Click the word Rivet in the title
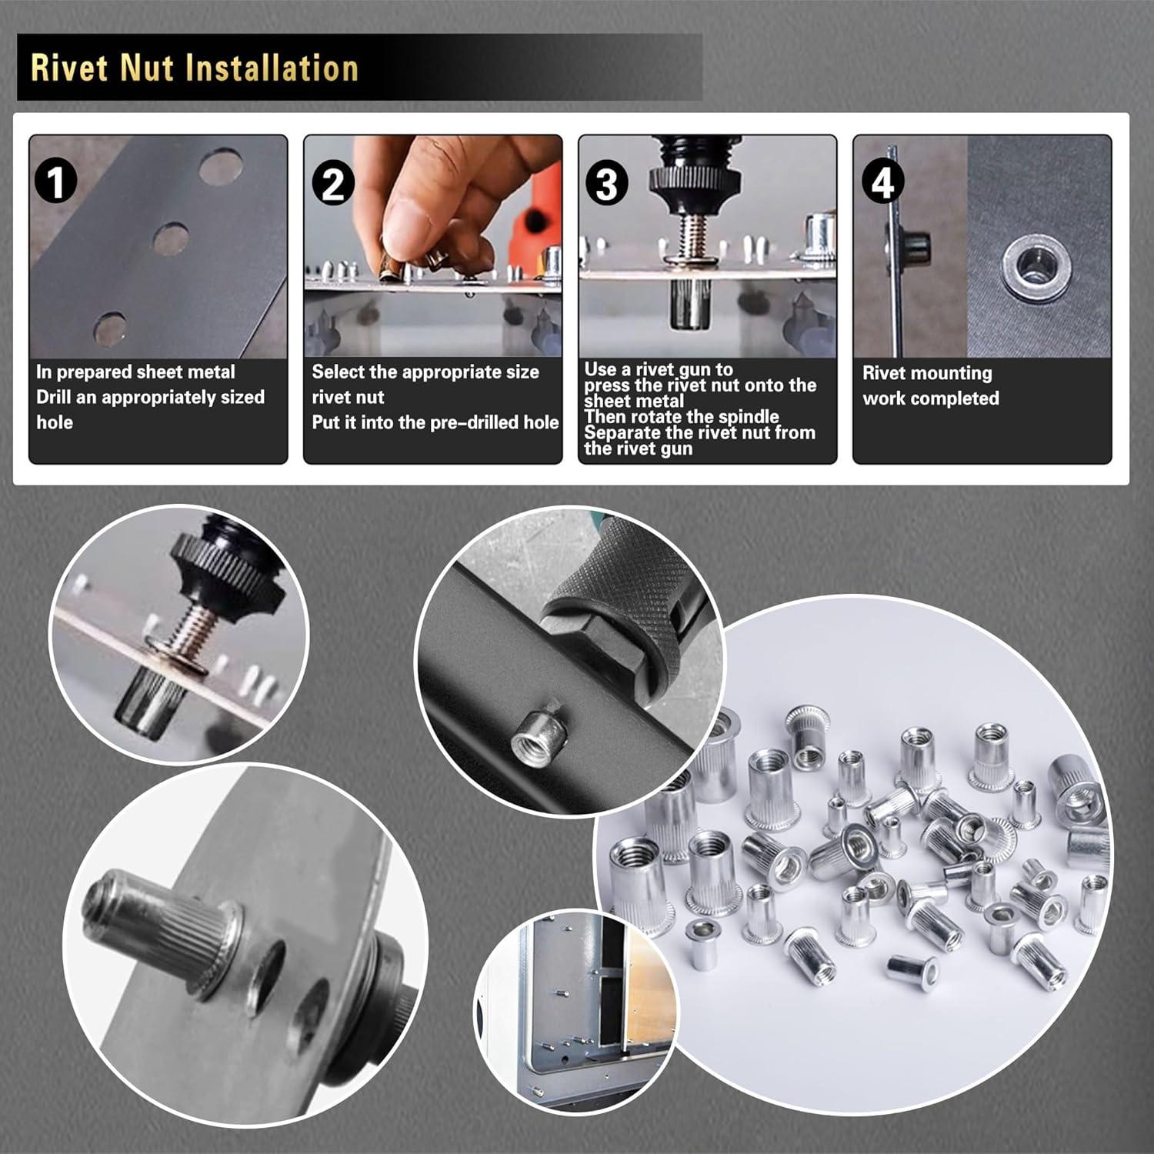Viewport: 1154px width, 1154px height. click(69, 68)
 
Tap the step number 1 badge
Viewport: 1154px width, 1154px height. click(56, 183)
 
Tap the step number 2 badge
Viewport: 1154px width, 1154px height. click(332, 185)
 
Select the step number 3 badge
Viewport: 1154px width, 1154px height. click(607, 185)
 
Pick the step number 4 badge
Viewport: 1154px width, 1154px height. click(882, 183)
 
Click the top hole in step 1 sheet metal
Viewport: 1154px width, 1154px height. click(220, 166)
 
